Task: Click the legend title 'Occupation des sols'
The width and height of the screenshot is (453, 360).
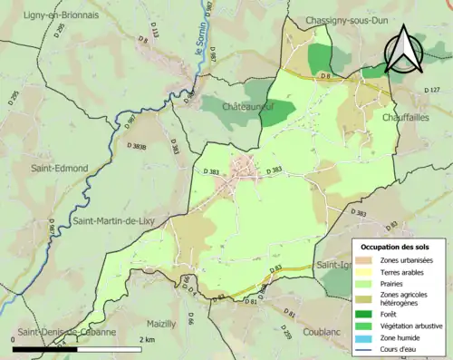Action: point(395,247)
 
